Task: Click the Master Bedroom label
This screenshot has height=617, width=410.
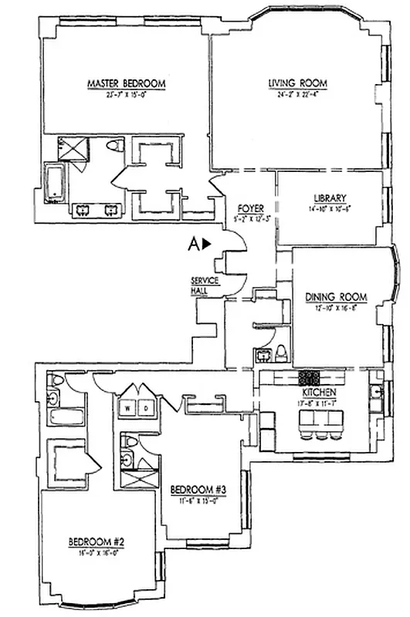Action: click(x=126, y=83)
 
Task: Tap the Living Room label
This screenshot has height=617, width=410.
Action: click(x=298, y=83)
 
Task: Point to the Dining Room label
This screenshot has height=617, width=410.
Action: click(x=335, y=297)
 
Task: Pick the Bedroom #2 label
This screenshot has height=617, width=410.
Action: click(x=96, y=541)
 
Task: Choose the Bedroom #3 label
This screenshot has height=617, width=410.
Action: click(x=198, y=488)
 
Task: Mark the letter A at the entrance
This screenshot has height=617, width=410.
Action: click(x=194, y=244)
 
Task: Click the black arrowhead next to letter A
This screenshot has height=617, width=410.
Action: click(x=208, y=244)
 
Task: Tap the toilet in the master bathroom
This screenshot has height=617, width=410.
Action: click(x=114, y=147)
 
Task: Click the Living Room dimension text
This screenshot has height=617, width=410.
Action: click(x=298, y=95)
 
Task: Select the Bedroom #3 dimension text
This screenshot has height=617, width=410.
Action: click(x=198, y=499)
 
